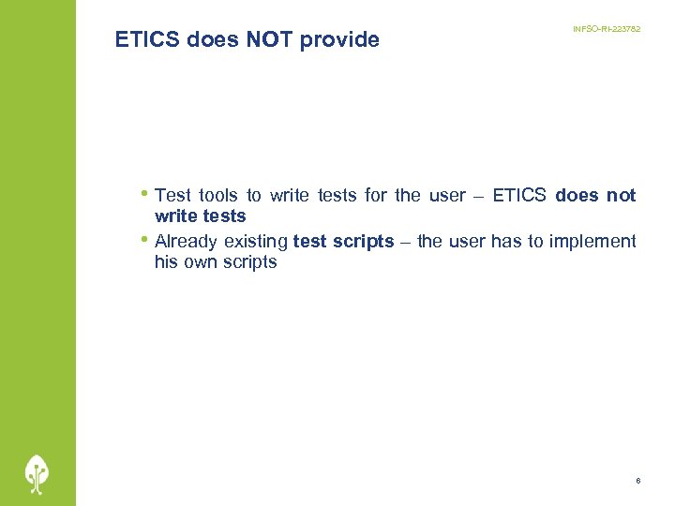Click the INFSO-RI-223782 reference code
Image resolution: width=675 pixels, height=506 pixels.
pyautogui.click(x=607, y=30)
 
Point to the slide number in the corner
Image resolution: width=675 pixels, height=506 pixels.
pyautogui.click(x=637, y=481)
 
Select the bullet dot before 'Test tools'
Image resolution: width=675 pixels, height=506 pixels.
pyautogui.click(x=145, y=194)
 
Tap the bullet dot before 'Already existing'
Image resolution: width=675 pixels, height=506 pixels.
pyautogui.click(x=145, y=240)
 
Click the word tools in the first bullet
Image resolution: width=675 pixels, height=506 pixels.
pyautogui.click(x=218, y=196)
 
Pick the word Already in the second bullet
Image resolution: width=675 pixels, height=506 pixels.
pyautogui.click(x=187, y=242)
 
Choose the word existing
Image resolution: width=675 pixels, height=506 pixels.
pyautogui.click(x=256, y=242)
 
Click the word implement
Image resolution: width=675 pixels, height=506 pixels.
pyautogui.click(x=592, y=242)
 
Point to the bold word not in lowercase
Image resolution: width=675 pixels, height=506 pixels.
pyautogui.click(x=622, y=196)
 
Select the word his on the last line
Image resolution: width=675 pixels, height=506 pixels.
pyautogui.click(x=165, y=262)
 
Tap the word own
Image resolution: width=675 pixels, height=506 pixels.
pyautogui.click(x=200, y=262)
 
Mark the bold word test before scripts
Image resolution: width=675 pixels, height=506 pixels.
pyautogui.click(x=310, y=242)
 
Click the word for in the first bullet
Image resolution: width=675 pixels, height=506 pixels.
pyautogui.click(x=376, y=196)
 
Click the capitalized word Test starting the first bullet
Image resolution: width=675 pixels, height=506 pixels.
pyautogui.click(x=173, y=196)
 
